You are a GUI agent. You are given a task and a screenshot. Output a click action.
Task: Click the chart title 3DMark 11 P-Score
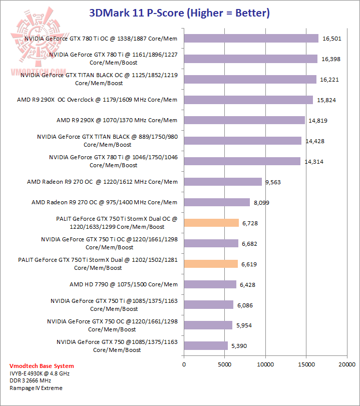(x=179, y=13)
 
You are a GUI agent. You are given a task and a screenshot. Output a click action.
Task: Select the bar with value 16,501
(x=251, y=38)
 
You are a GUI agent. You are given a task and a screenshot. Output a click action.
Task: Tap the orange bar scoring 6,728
(x=211, y=223)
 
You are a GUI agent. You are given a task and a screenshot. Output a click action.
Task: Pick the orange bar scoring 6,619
(x=211, y=264)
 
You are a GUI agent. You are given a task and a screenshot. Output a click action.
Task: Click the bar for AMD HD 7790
(x=210, y=284)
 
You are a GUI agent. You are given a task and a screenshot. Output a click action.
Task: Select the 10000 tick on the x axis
(x=265, y=365)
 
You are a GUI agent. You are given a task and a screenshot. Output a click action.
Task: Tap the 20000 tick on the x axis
(x=347, y=365)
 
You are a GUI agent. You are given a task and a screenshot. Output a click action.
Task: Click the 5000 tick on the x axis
(x=225, y=365)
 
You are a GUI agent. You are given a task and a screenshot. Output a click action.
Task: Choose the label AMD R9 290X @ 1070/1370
(x=117, y=120)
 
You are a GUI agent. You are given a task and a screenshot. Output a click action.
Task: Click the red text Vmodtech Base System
(x=42, y=366)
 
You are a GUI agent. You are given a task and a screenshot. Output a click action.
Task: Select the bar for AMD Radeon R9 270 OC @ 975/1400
(x=217, y=202)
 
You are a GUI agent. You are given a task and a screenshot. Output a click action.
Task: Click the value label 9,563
(x=273, y=182)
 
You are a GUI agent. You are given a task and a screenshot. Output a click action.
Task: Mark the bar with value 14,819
(x=244, y=120)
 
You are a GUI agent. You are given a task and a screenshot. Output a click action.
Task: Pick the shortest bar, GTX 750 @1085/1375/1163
(x=206, y=346)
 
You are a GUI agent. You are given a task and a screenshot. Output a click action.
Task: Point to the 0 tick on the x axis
(x=184, y=365)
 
